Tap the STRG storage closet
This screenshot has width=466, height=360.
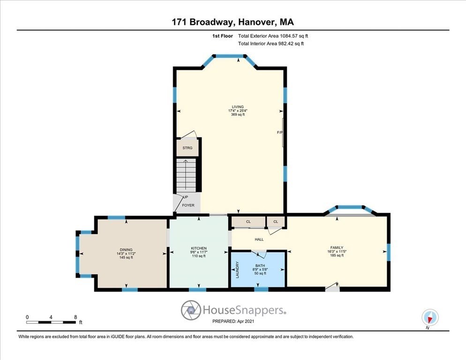[x=188, y=148]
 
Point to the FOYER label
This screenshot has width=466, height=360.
[x=188, y=205]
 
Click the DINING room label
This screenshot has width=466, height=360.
[x=126, y=249]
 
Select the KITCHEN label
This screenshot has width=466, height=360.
[x=199, y=248]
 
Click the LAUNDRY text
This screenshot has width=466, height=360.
[x=238, y=270]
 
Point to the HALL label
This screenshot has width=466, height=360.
[x=259, y=240]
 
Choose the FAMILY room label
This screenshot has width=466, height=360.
[x=337, y=247]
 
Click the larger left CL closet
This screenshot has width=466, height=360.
[x=248, y=222]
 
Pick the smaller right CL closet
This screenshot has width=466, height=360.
[x=276, y=222]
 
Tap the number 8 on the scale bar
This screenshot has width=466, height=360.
[x=76, y=316]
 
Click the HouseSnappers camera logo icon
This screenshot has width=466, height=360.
[x=191, y=310]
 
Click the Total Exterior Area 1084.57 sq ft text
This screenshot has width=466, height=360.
[x=273, y=36]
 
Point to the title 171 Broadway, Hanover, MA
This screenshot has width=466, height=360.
[x=233, y=22]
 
